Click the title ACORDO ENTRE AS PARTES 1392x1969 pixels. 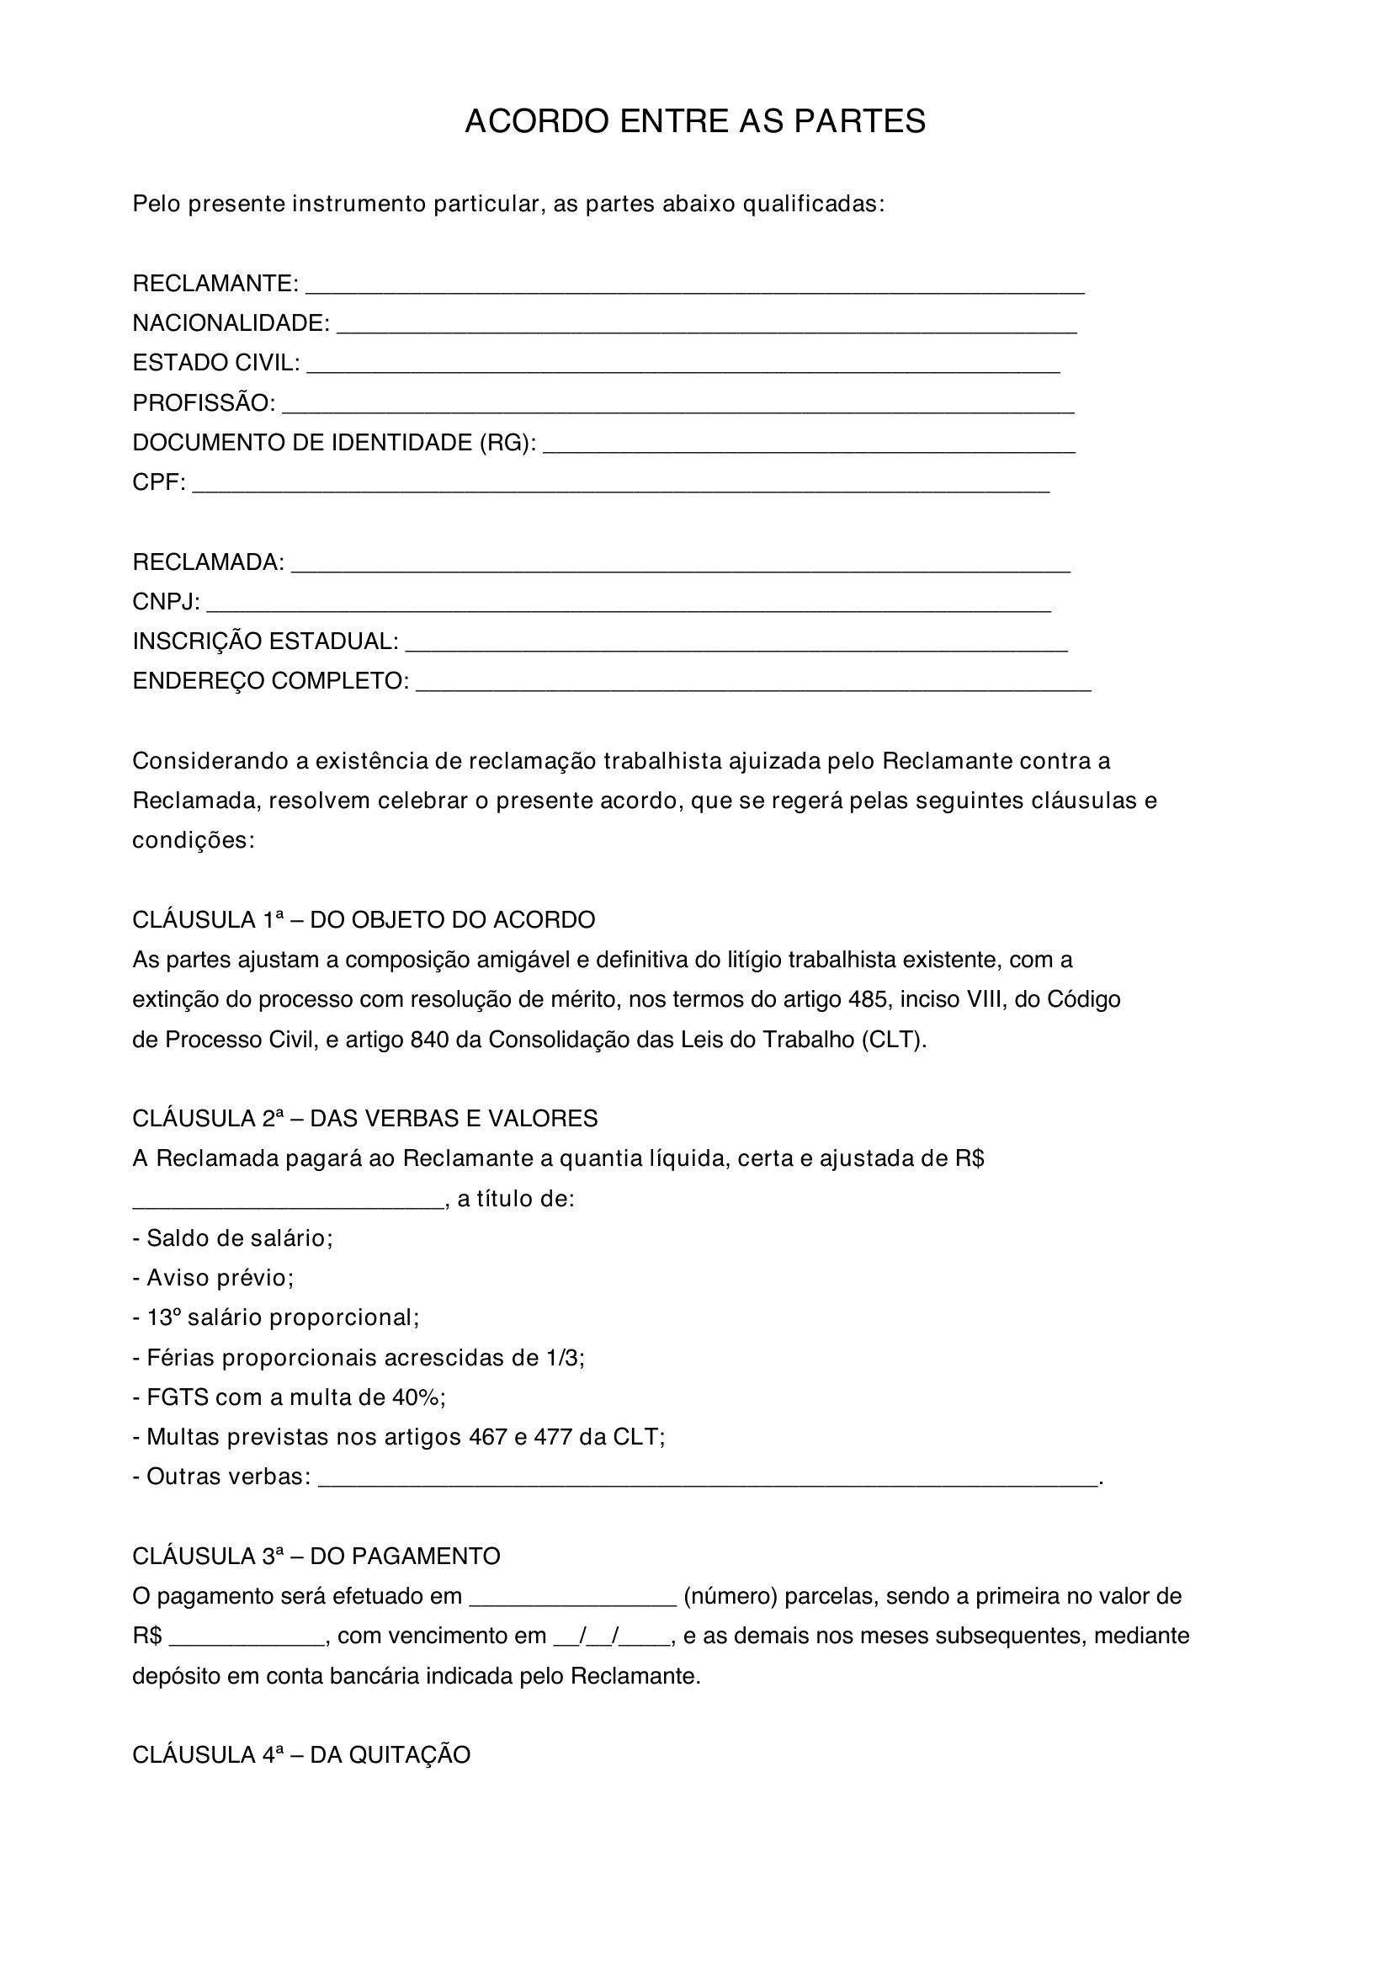[695, 122]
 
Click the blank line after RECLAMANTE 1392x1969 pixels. [694, 286]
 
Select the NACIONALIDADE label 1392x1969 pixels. [231, 323]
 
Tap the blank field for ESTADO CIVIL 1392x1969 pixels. [683, 366]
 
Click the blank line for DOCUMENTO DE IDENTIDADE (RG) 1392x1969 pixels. [808, 446]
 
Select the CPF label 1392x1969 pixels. [158, 482]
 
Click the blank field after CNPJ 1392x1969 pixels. [629, 605]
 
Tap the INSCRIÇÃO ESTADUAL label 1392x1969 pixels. [266, 641]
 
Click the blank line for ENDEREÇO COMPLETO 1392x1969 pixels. [752, 684]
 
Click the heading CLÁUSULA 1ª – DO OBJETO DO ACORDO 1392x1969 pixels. [364, 920]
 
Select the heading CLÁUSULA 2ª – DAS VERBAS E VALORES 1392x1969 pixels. [365, 1118]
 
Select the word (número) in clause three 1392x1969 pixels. [730, 1596]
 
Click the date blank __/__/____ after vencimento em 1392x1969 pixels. [613, 1636]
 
